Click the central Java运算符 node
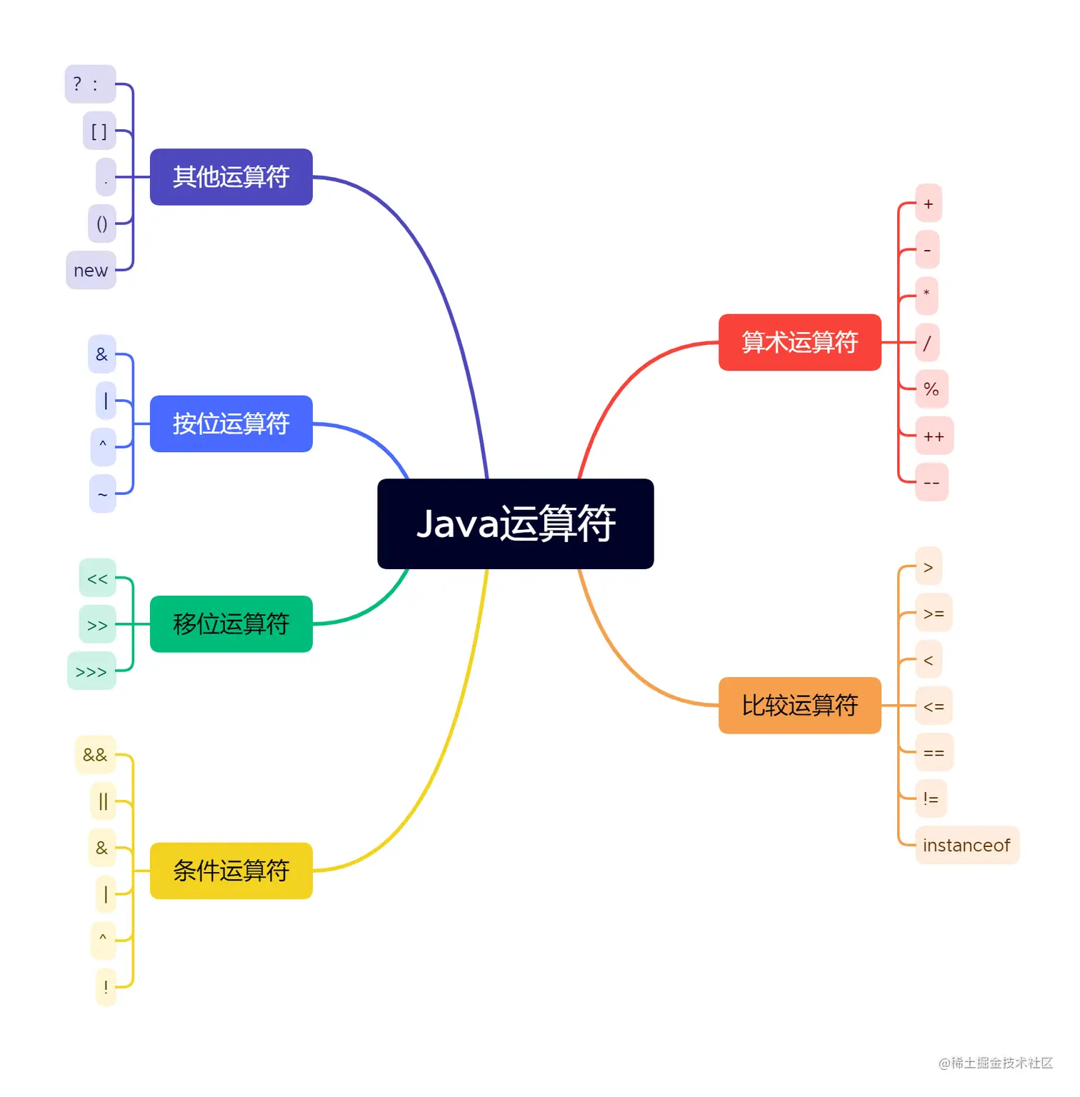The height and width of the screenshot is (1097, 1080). tap(515, 524)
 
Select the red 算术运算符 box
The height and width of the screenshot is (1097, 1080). tap(799, 342)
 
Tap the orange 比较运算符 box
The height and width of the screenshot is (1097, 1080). tap(799, 705)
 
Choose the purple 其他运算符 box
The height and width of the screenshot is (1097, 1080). tap(231, 176)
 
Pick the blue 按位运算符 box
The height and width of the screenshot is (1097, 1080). tap(231, 424)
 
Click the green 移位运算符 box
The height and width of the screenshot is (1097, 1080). tap(231, 623)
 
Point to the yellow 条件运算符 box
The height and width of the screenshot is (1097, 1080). tap(231, 871)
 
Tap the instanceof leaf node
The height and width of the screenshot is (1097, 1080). tap(966, 845)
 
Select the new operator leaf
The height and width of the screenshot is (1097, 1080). tap(91, 270)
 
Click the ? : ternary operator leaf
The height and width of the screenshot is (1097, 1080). tap(90, 84)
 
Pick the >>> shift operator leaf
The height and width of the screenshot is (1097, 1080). tap(91, 671)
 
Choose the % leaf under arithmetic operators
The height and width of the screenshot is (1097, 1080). tap(931, 389)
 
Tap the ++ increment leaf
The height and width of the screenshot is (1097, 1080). tap(934, 436)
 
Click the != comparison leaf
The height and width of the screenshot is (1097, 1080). tap(931, 798)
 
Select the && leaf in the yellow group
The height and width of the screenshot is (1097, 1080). tap(95, 755)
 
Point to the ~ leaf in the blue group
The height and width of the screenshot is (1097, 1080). tap(103, 494)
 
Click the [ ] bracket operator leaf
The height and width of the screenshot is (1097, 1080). tap(99, 131)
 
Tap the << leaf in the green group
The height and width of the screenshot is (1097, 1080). tap(97, 578)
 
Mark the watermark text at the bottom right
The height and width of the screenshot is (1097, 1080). tap(995, 1063)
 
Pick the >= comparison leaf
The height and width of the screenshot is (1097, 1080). tap(934, 613)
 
